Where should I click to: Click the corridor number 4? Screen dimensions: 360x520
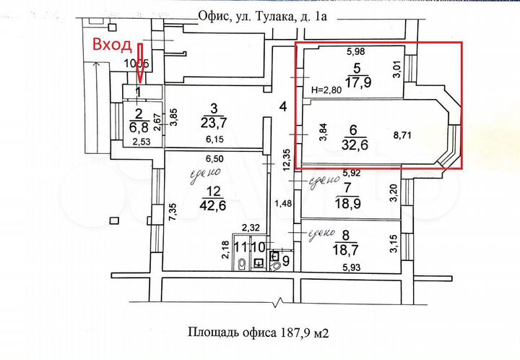[284, 107]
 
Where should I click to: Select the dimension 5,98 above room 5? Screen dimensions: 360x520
[355, 51]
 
